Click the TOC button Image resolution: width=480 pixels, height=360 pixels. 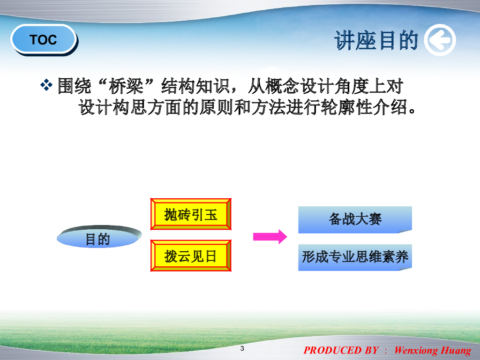coord(44,39)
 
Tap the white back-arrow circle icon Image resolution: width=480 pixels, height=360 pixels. coord(440,40)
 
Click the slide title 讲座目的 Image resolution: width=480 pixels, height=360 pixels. coord(376,40)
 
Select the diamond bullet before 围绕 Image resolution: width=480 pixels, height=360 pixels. coord(46,85)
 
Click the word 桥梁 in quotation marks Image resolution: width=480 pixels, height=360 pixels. coord(126,86)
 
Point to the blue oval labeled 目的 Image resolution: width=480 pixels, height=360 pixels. coord(99,236)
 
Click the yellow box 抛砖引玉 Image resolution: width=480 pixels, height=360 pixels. coord(191,214)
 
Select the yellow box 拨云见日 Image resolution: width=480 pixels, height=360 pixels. coord(191,255)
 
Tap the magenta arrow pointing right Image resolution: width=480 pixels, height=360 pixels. coord(270,237)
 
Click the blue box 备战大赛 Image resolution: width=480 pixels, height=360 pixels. coord(355,219)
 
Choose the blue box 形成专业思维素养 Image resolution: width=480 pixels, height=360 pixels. coord(355,257)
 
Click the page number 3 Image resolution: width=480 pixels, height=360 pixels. coord(242,348)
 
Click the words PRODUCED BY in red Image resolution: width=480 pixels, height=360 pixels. coord(341,350)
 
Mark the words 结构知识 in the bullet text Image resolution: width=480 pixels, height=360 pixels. coord(195,86)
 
